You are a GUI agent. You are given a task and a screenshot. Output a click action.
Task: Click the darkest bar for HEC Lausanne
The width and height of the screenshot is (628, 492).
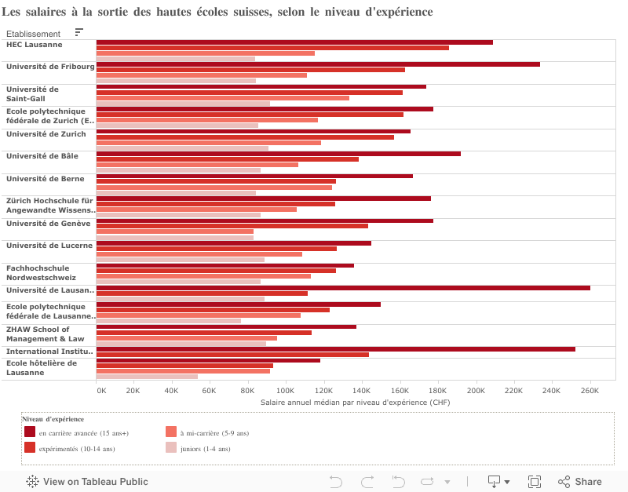tap(294, 42)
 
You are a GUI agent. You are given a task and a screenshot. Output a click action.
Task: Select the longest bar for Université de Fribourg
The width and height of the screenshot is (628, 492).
tap(318, 64)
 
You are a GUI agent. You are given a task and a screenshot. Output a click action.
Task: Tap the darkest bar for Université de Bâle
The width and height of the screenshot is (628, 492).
tap(278, 154)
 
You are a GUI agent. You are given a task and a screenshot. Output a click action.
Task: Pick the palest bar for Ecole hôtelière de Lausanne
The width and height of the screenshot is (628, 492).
tap(147, 377)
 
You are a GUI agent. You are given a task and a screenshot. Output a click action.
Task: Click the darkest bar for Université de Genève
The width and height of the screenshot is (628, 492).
tap(265, 220)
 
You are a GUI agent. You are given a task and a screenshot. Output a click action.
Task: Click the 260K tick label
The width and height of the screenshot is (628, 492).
tap(590, 390)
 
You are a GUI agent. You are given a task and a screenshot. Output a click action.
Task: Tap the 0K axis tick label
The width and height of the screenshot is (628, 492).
tap(101, 390)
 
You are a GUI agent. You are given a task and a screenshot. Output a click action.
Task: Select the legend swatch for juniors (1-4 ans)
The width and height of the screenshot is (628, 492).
tap(171, 448)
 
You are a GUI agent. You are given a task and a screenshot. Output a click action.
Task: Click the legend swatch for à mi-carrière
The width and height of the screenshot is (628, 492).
tap(171, 432)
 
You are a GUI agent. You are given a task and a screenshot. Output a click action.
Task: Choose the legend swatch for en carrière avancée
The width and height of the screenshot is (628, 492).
tap(30, 432)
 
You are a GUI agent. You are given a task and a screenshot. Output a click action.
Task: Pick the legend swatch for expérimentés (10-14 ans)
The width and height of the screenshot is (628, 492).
tap(30, 448)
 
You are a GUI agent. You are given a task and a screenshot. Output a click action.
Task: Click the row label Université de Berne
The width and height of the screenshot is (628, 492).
tap(46, 179)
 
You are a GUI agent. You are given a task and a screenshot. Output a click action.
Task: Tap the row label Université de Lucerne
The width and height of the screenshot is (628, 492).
tap(49, 246)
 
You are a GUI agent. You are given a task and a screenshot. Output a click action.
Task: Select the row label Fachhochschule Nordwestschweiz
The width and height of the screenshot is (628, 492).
tap(42, 272)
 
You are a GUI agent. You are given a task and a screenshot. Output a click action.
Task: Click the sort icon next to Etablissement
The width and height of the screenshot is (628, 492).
tap(79, 32)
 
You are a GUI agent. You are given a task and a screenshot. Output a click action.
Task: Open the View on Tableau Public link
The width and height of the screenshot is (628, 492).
tap(87, 482)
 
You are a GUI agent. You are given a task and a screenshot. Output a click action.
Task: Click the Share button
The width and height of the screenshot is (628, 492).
tap(580, 482)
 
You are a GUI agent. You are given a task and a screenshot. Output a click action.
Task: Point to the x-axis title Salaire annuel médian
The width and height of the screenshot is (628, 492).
tap(355, 402)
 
